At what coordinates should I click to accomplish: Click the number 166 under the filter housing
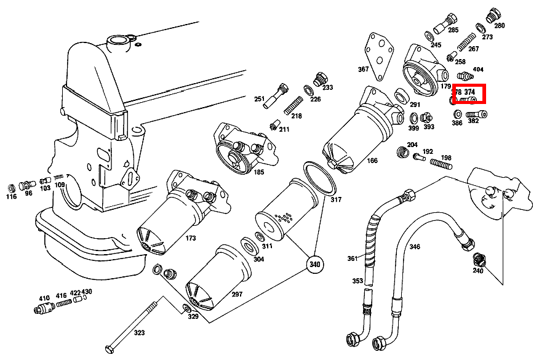[x=372, y=161]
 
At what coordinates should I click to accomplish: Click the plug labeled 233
[x=319, y=79]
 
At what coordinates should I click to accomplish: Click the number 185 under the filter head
[x=258, y=172]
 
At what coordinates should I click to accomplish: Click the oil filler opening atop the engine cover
[x=116, y=42]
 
